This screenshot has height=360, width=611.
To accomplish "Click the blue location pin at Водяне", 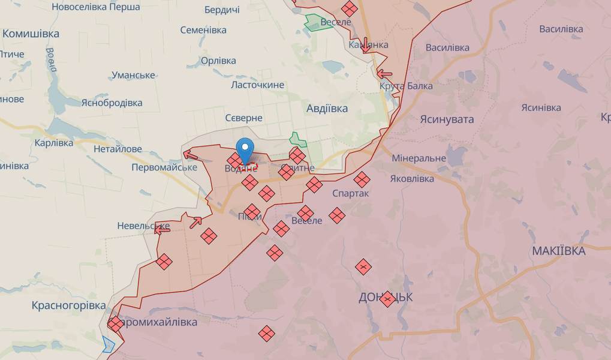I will click(x=245, y=149).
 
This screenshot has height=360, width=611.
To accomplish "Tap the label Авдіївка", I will click(x=327, y=109).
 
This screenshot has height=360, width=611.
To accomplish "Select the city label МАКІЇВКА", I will click(x=559, y=251).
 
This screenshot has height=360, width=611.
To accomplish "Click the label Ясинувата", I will click(x=447, y=119).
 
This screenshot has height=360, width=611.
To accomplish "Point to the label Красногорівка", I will click(x=69, y=305).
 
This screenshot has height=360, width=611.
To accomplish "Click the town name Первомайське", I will click(x=164, y=167).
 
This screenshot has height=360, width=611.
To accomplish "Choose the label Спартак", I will click(x=351, y=194).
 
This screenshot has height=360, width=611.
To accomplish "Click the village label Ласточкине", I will click(x=258, y=85).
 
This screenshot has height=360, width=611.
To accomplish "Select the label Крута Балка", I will click(x=406, y=86).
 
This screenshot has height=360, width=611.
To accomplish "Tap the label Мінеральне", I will click(x=419, y=158).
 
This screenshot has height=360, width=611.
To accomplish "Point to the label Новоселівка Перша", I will click(x=96, y=7).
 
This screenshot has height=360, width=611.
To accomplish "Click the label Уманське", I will click(x=133, y=75).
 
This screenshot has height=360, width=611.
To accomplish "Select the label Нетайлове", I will click(x=118, y=149).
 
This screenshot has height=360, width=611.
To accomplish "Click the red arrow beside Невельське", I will click(x=162, y=229).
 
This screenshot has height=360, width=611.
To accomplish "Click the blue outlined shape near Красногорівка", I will click(x=109, y=344).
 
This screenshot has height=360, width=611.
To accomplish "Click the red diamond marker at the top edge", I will click(x=349, y=8).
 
